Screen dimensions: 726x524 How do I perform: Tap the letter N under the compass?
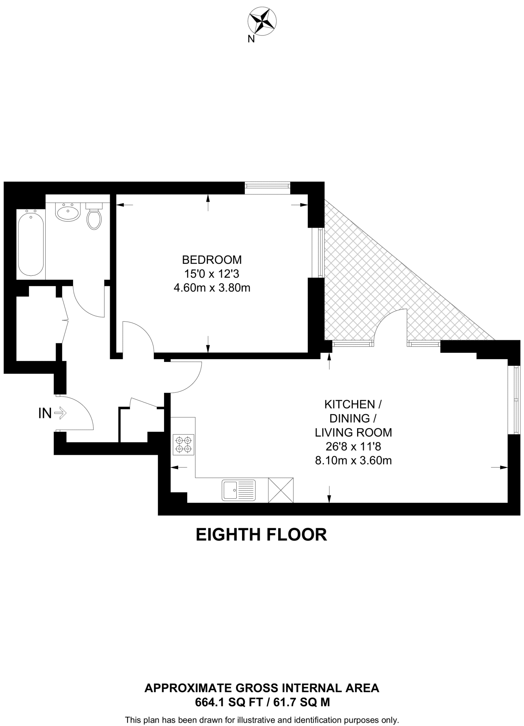251,39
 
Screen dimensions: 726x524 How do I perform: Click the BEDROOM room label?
212,260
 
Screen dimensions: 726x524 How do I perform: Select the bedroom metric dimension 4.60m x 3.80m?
212,288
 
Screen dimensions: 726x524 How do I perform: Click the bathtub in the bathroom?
31,243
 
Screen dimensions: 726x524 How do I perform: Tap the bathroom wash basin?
67,212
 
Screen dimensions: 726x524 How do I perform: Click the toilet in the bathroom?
94,217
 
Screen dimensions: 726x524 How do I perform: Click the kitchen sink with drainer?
239,490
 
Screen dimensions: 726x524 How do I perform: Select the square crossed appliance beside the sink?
281,490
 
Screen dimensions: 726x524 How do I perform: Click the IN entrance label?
45,413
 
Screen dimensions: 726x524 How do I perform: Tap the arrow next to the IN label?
61,413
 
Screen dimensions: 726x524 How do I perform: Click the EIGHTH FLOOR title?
261,535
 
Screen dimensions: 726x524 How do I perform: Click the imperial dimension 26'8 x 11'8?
353,447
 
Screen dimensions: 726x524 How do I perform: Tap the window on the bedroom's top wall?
267,188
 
